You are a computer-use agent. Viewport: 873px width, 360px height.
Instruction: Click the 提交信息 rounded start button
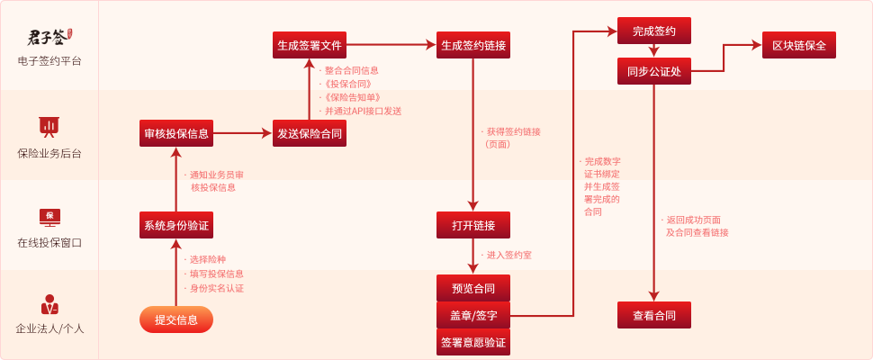pyautogui.click(x=175, y=319)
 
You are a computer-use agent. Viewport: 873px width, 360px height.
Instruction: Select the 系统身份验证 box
pyautogui.click(x=176, y=224)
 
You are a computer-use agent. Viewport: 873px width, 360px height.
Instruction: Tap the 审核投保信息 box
pyautogui.click(x=176, y=133)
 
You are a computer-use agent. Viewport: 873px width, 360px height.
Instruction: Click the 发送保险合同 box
pyautogui.click(x=310, y=133)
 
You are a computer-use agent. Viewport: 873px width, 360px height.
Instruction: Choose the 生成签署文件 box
pyautogui.click(x=310, y=45)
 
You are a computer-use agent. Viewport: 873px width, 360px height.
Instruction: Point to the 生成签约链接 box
pyautogui.click(x=473, y=45)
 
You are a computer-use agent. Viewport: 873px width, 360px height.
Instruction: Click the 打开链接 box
pyautogui.click(x=473, y=224)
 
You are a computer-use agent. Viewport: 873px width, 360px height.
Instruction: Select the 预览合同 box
pyautogui.click(x=473, y=288)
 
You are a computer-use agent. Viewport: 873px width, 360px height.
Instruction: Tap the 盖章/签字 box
pyautogui.click(x=473, y=316)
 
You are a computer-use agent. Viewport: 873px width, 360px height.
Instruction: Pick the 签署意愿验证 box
pyautogui.click(x=473, y=343)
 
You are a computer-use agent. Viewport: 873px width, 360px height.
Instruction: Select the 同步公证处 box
pyautogui.click(x=654, y=70)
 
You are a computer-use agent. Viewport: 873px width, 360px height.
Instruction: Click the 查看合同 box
pyautogui.click(x=654, y=315)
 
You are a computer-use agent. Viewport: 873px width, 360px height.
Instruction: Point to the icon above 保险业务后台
pyautogui.click(x=49, y=126)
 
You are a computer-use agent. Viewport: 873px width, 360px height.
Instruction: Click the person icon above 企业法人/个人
pyautogui.click(x=49, y=303)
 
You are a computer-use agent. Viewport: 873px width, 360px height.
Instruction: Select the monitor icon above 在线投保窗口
pyautogui.click(x=49, y=216)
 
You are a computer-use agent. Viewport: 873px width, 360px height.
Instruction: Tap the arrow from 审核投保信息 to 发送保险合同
pyautogui.click(x=242, y=133)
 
